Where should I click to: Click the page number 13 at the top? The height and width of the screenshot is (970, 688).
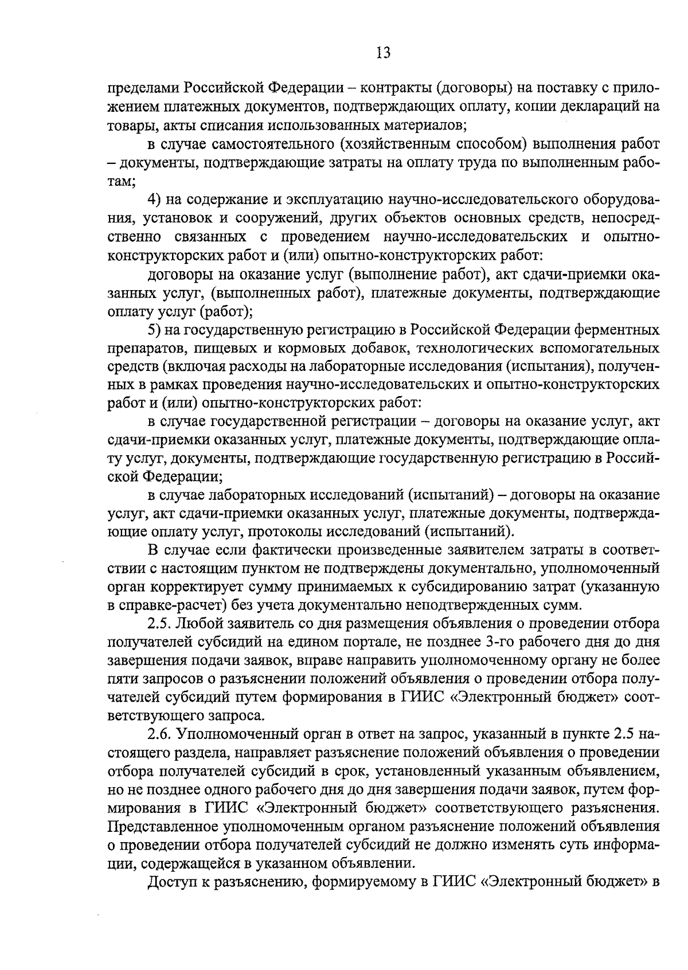[x=384, y=53]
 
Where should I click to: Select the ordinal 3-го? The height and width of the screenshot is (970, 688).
[x=491, y=642]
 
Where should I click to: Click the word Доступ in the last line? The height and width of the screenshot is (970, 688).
[x=170, y=883]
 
